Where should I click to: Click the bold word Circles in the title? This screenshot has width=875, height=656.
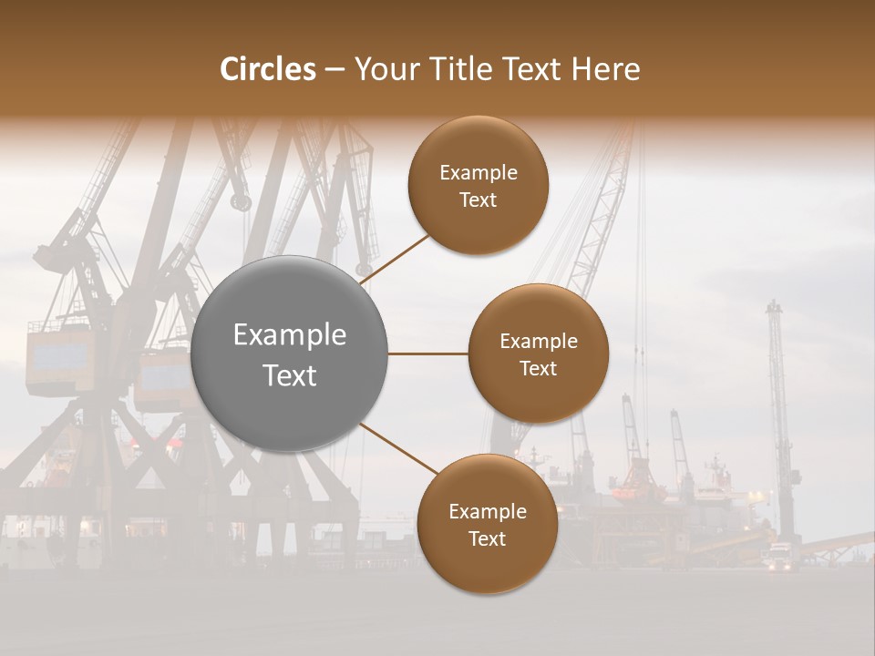[x=267, y=69]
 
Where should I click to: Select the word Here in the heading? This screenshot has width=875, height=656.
[x=606, y=69]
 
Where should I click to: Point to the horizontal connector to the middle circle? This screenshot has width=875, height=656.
[x=427, y=354]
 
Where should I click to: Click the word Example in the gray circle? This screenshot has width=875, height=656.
[x=289, y=335]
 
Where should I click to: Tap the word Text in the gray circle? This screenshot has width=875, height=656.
[x=289, y=375]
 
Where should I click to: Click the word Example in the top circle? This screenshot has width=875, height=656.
[x=478, y=173]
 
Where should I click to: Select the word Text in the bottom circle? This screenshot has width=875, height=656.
[x=487, y=538]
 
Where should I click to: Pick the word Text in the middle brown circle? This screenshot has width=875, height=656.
[x=538, y=368]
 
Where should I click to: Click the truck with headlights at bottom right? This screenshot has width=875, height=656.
[x=778, y=557]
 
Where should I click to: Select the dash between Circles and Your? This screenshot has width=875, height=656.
[x=335, y=69]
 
